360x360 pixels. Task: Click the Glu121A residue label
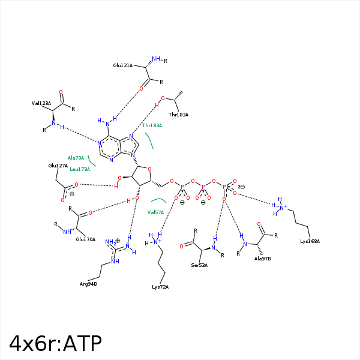123,65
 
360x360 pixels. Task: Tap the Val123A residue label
41,103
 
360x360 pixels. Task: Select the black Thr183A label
178,115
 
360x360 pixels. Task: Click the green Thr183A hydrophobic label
152,125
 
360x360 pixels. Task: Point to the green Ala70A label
76,158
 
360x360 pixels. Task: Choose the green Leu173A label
80,169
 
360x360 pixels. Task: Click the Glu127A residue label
58,166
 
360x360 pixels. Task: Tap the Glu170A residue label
86,239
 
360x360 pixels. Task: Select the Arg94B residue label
88,284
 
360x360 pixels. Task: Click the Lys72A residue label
160,287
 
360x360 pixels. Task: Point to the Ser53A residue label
199,265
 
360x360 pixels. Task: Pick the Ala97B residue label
262,259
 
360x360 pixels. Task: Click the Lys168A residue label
310,241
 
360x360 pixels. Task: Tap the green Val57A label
155,212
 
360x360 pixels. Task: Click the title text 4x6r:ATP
55,343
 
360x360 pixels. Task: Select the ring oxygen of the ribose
149,169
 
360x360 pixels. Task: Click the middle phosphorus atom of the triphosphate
203,187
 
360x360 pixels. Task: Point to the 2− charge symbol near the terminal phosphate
241,187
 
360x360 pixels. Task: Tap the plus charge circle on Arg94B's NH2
118,241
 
